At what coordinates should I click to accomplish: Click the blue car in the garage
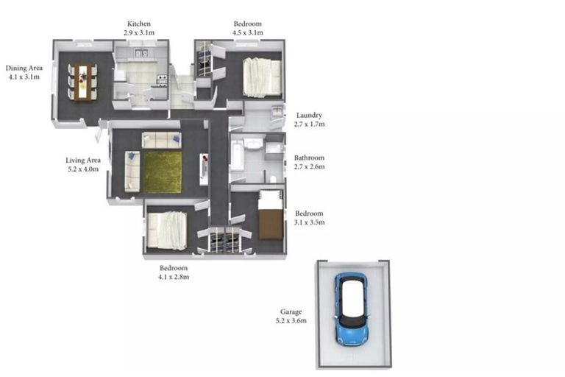coord(352,309)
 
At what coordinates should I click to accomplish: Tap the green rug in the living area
coord(163,172)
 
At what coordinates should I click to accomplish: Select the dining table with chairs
coord(83,82)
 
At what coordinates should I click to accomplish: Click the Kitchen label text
coord(139,24)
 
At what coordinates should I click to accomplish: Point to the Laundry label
coord(309,115)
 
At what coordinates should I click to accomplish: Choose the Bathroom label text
coord(309,158)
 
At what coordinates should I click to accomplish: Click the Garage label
coord(291,311)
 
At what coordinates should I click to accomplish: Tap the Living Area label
coord(83,161)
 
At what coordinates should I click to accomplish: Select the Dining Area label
coord(24,68)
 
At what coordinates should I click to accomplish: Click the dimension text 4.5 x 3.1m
coord(247,32)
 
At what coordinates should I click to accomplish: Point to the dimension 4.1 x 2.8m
coord(174,277)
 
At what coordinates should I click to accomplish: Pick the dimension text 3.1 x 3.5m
coord(309,222)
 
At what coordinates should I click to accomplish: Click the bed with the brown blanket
coord(270,215)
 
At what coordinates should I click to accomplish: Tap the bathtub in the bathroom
coord(237,157)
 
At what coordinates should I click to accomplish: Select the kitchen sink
coord(141,53)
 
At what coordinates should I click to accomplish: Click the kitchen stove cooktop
coord(162,79)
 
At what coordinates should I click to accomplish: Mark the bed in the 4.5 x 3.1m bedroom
coord(262,77)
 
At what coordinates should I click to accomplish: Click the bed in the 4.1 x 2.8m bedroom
coord(167,231)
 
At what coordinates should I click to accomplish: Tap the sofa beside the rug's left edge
coord(132,172)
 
